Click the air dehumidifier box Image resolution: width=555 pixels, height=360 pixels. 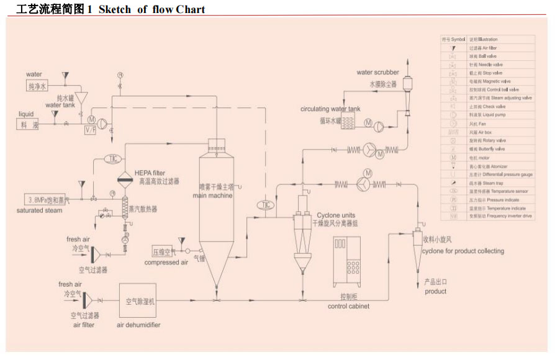coord(141,302)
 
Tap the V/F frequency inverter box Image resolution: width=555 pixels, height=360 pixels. coord(91,130)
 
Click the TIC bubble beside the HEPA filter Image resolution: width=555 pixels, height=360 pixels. coord(113,159)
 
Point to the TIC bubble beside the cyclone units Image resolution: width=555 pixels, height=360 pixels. coord(266,205)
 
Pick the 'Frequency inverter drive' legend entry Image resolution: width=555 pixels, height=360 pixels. coord(501,217)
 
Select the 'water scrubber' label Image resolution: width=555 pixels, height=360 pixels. coord(377,73)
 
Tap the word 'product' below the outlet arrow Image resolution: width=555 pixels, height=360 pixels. coord(435,291)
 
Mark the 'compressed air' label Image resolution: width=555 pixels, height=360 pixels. coord(166,263)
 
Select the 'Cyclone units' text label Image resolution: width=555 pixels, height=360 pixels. coord(336,215)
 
